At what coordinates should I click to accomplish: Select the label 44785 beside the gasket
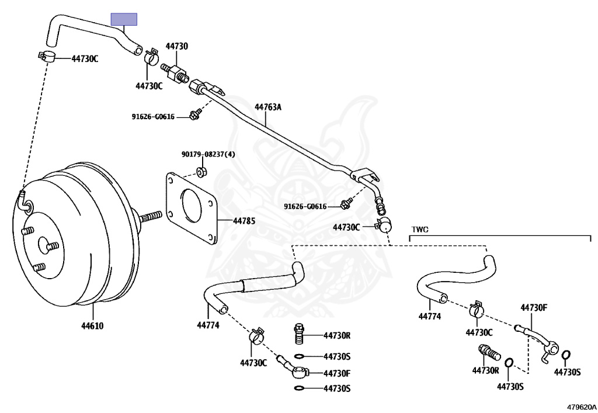pos(244,221)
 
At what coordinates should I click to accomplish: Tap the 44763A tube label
pos(267,107)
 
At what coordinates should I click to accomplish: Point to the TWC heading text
pos(420,230)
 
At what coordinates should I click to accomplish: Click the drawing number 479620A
pos(581,405)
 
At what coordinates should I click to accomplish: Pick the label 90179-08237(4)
pos(208,154)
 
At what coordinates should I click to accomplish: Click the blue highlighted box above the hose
pos(124,19)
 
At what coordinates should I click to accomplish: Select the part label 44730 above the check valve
pos(176,46)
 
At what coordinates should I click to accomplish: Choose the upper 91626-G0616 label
pos(153,116)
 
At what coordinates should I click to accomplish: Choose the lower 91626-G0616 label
pos(305,206)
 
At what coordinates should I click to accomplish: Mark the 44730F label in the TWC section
pos(533,308)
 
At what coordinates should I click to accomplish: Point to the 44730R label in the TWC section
pos(485,370)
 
